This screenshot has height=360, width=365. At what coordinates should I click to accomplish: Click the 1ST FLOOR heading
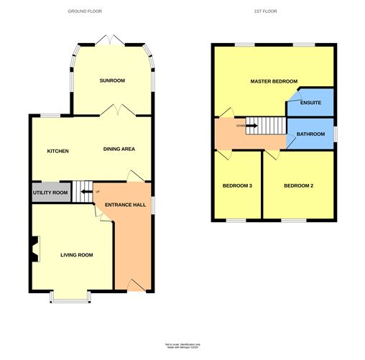point(266,11)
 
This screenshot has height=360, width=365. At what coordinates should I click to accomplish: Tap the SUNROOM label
point(113,80)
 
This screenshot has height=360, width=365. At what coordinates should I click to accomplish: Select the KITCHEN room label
point(57,151)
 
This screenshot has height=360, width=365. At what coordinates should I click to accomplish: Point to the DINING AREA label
point(119,149)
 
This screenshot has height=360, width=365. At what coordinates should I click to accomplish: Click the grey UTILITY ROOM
point(50,193)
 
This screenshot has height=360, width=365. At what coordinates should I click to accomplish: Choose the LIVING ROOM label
point(76,255)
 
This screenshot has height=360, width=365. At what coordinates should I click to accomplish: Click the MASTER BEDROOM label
point(274,82)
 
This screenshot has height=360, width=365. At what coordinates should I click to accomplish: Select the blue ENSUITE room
point(310,102)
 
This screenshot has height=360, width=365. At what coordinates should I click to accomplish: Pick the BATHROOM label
point(311,133)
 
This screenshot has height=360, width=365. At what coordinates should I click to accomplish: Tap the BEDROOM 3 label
point(237,186)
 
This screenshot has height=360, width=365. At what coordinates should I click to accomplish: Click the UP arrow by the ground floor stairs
point(86,192)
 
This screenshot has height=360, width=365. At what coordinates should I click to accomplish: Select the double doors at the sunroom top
point(113,38)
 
